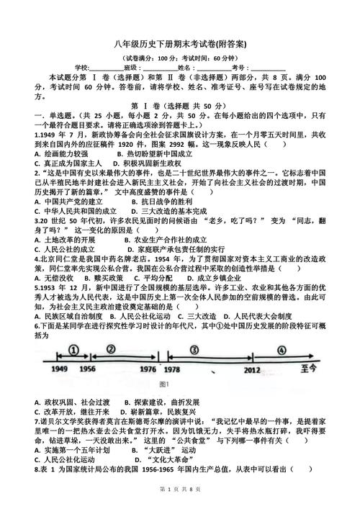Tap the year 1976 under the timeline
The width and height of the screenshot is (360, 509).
coord(147,369)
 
